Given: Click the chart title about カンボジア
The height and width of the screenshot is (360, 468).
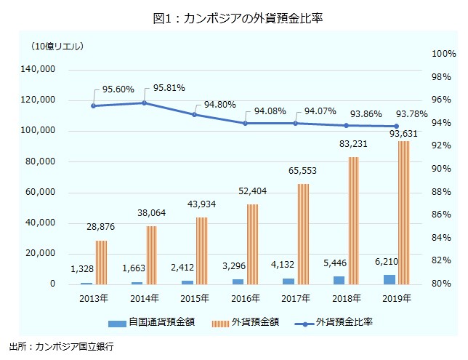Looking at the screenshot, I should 234,18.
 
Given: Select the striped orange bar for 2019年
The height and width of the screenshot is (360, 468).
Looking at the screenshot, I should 404,212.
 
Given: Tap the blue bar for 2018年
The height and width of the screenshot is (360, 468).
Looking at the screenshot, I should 339,280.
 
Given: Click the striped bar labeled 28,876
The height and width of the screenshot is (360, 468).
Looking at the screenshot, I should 101,262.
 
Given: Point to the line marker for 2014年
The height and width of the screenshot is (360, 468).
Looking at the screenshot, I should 144,103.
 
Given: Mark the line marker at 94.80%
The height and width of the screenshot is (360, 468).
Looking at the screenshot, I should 195,114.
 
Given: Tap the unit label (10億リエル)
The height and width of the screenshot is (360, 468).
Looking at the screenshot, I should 57,47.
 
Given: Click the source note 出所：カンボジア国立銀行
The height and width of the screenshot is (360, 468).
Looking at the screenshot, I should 62,348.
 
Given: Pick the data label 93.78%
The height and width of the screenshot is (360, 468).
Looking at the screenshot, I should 411,113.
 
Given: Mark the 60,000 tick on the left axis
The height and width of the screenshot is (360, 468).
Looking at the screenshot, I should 41,193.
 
